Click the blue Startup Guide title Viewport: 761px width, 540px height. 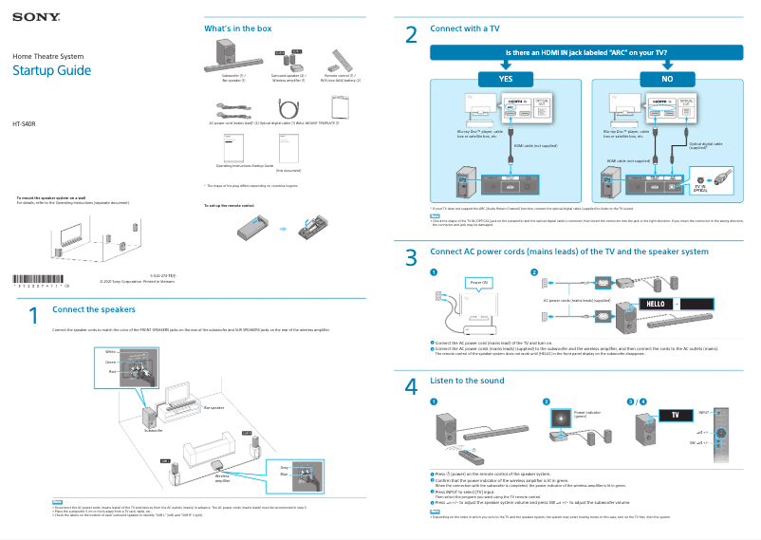coord(51,71)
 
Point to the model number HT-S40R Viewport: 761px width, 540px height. coord(25,125)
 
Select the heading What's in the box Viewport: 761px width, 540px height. coord(238,28)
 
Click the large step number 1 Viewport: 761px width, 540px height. coord(33,315)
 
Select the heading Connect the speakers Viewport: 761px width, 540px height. coord(93,309)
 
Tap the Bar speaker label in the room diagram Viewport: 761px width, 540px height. coord(214,407)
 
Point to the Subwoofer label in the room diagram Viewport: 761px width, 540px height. coord(154,430)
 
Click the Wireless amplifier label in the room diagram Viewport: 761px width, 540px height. coord(222,478)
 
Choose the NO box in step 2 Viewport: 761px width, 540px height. coord(668,78)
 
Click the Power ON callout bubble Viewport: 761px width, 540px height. coord(478,283)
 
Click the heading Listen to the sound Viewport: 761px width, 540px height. coord(467,381)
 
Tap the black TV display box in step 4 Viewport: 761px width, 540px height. coord(675,416)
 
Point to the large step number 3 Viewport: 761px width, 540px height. coord(411,257)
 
